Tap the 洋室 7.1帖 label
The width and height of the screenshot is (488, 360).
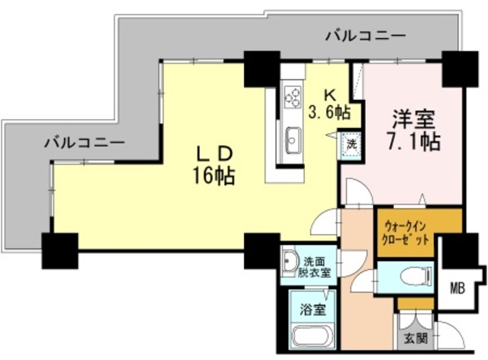tap(413, 130)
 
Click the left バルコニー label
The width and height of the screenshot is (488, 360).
tap(84, 142)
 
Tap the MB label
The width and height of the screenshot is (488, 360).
tap(457, 288)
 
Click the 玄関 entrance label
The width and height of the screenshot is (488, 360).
tap(416, 337)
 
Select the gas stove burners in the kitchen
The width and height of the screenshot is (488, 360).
tap(292, 96)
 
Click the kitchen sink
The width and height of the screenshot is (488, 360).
tap(293, 140)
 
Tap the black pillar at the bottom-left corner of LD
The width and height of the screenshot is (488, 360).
tap(59, 249)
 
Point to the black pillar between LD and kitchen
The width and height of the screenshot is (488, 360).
tap(262, 69)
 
